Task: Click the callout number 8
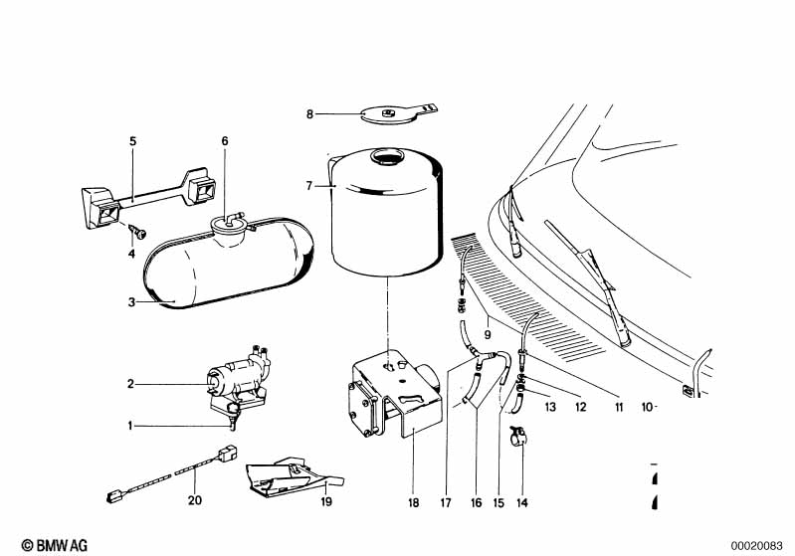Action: [x=309, y=114]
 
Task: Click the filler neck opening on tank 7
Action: [x=385, y=157]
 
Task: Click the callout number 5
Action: [x=131, y=141]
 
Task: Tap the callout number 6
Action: [x=225, y=141]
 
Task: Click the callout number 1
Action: [x=128, y=426]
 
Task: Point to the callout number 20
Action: [x=195, y=499]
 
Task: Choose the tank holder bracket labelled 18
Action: [x=388, y=398]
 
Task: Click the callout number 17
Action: [x=447, y=503]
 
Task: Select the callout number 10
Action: [x=646, y=407]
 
